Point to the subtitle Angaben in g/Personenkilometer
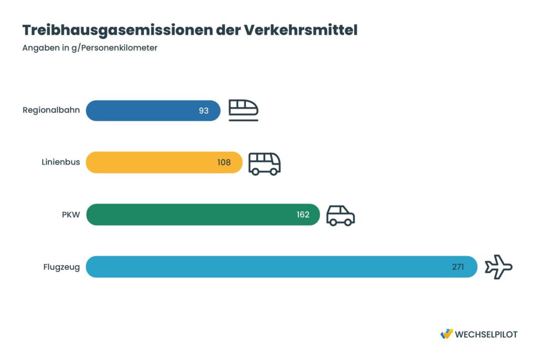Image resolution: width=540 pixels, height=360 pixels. point(90,48)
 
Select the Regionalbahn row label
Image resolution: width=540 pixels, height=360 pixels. point(51,111)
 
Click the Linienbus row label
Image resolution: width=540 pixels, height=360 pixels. point(61,162)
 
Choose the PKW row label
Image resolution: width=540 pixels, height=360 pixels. point(71,215)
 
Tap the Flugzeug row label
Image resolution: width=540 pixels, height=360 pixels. point(61,267)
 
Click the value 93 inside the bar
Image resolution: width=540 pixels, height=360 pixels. point(204,111)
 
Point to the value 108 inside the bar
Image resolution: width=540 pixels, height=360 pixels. point(224,162)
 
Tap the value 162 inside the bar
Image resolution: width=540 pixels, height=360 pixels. point(303,215)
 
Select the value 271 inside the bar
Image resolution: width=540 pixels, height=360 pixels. point(458,267)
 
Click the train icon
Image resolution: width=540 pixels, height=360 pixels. point(243,110)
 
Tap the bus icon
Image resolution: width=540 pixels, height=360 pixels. point(264,163)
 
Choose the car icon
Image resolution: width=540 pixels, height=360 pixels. point(340,215)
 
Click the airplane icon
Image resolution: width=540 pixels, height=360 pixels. point(498,267)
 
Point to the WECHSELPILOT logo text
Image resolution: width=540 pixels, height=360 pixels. point(486,334)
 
